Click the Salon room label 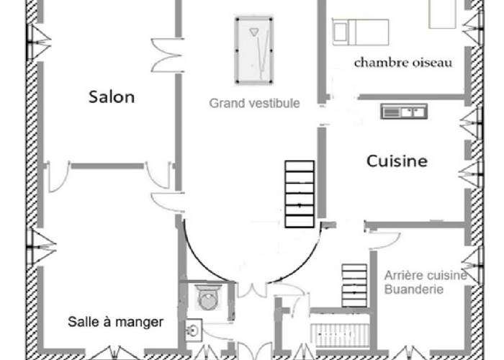tap(112, 96)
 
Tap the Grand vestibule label tap(254, 103)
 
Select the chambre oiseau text tap(403, 63)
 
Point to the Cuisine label tap(397, 161)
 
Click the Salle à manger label tap(116, 321)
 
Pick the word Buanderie tap(414, 289)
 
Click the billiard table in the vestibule tap(254, 50)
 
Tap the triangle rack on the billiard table tap(253, 32)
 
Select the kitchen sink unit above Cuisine tap(404, 111)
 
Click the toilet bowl tap(207, 297)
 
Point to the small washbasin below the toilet tap(194, 330)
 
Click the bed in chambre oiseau tap(360, 32)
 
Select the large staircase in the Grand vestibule tap(300, 194)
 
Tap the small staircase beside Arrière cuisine tap(354, 285)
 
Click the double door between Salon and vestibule tap(167, 55)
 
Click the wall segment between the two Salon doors tap(107, 166)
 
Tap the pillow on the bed tap(339, 32)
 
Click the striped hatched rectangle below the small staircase tap(341, 336)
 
